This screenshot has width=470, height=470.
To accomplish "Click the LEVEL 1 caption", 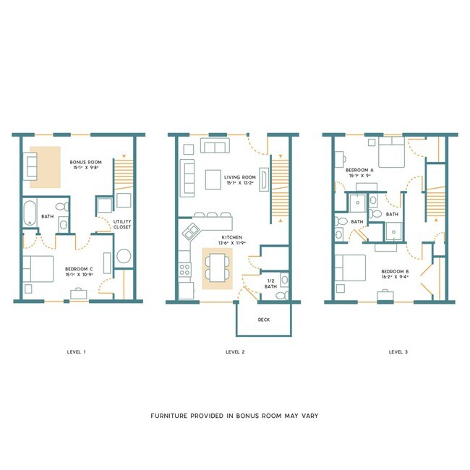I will (x=75, y=352).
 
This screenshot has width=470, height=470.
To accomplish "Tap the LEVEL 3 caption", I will (x=398, y=352).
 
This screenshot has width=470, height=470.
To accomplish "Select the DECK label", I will (x=264, y=319).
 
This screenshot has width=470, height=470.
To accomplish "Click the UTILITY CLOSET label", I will (x=121, y=223).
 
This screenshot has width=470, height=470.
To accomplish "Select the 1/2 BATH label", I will (x=272, y=284).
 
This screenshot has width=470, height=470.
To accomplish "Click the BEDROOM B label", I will (x=396, y=273).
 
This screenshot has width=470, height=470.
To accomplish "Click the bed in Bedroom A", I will (x=389, y=153).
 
